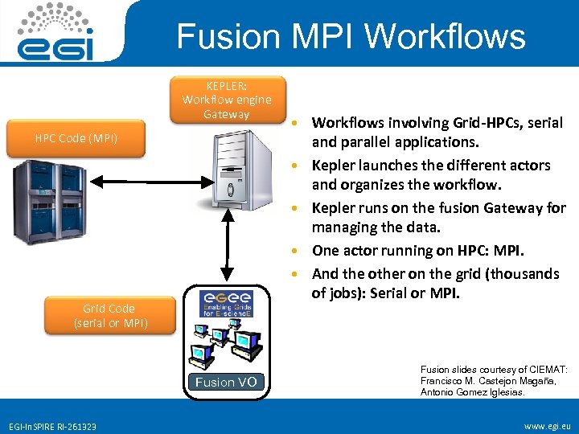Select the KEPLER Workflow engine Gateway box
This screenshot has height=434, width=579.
227,100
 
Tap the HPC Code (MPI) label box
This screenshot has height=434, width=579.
76,138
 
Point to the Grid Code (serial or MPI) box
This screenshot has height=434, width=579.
109,316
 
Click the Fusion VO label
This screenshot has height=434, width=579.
226,383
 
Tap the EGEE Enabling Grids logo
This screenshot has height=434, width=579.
225,303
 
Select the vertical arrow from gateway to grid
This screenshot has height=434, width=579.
231,247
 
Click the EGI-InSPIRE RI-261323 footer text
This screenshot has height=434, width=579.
52,426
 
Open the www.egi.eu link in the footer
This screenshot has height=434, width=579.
547,425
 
